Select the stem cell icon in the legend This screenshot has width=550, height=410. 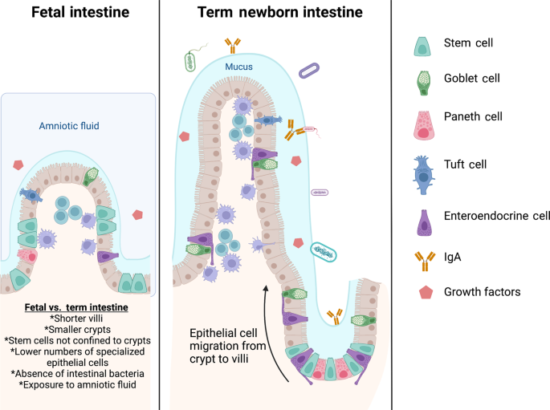[422, 47]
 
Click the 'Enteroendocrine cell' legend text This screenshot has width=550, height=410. [496, 215]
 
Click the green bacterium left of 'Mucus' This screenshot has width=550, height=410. [191, 61]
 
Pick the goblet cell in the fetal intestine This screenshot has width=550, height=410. [92, 175]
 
